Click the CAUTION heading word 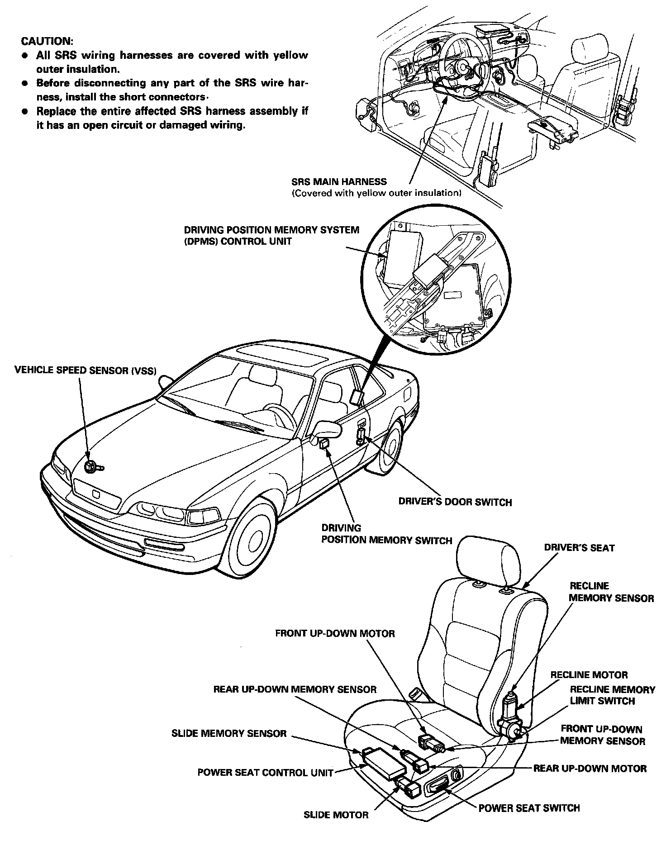click(x=47, y=41)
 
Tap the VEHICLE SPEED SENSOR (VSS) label click(x=85, y=370)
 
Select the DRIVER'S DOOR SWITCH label click(x=455, y=502)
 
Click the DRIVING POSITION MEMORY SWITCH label click(x=386, y=534)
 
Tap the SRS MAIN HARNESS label click(x=339, y=182)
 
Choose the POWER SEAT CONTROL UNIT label click(x=265, y=772)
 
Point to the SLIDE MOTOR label click(x=336, y=815)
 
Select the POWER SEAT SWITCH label click(x=529, y=808)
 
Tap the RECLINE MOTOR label click(x=589, y=675)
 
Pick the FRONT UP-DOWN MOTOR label click(x=335, y=633)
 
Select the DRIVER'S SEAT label click(x=579, y=548)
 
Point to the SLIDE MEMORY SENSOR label click(x=229, y=734)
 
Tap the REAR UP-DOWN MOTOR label click(x=590, y=769)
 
